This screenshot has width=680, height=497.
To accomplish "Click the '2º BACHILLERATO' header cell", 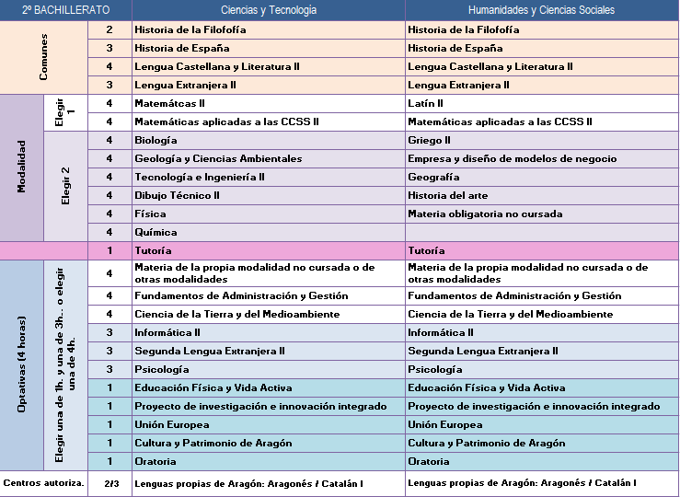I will (x=65, y=10).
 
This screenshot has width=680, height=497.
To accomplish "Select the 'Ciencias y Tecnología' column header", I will (x=269, y=10).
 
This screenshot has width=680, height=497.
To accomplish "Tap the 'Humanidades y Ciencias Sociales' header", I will (x=542, y=10).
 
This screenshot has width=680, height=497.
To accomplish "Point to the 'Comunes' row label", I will (x=44, y=57).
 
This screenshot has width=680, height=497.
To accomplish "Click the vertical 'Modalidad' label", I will (x=21, y=168).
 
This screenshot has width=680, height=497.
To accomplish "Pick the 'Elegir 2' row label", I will (x=65, y=186).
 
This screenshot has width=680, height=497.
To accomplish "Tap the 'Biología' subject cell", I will (x=156, y=140).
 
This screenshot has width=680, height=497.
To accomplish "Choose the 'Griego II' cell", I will (x=429, y=140).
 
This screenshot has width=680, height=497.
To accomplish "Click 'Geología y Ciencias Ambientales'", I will (x=218, y=158).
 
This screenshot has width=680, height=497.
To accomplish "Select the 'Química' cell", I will (x=156, y=232).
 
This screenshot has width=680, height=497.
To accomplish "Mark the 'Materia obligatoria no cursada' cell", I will (x=485, y=214).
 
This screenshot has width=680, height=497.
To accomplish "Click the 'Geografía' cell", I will (x=433, y=177).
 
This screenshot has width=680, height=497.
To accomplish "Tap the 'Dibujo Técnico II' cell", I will (x=177, y=195).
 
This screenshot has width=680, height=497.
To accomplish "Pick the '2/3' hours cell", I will (x=109, y=483).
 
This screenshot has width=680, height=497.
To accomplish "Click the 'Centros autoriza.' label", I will (x=44, y=483).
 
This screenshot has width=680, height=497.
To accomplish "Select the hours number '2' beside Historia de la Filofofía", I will (x=109, y=29).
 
